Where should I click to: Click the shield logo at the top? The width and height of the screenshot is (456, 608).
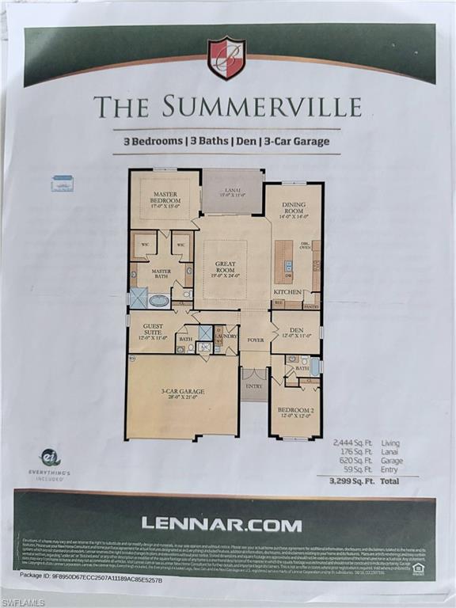click(226, 58)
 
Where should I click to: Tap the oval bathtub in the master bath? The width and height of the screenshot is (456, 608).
click(159, 301)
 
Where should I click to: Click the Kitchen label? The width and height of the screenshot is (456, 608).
click(287, 291)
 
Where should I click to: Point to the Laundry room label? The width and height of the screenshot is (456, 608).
click(226, 336)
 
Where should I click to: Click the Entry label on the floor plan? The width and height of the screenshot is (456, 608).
click(254, 386)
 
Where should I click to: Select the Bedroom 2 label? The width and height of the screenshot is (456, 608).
click(294, 411)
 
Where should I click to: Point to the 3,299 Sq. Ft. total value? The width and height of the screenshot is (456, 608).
click(351, 480)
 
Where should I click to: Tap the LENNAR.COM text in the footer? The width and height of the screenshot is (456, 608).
click(222, 524)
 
